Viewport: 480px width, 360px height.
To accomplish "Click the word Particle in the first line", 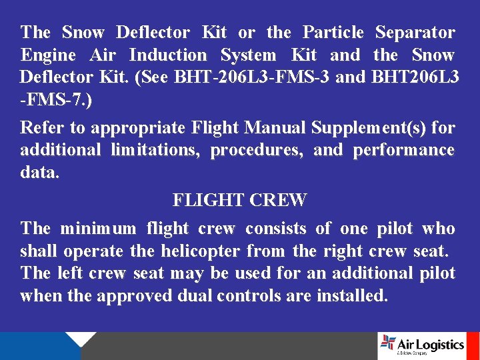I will pyautogui.click(x=333, y=33).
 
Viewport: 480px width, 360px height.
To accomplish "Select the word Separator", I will pyautogui.click(x=415, y=33).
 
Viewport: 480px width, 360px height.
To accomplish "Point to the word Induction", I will pyautogui.click(x=168, y=55).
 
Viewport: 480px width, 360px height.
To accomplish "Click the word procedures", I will pyautogui.click(x=256, y=151).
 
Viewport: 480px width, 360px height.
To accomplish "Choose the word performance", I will pyautogui.click(x=404, y=151).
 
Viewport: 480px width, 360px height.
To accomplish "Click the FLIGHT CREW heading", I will pyautogui.click(x=239, y=200).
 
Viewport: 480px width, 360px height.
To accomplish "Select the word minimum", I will pyautogui.click(x=97, y=229).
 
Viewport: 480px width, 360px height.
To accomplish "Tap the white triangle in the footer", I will pyautogui.click(x=81, y=339).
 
